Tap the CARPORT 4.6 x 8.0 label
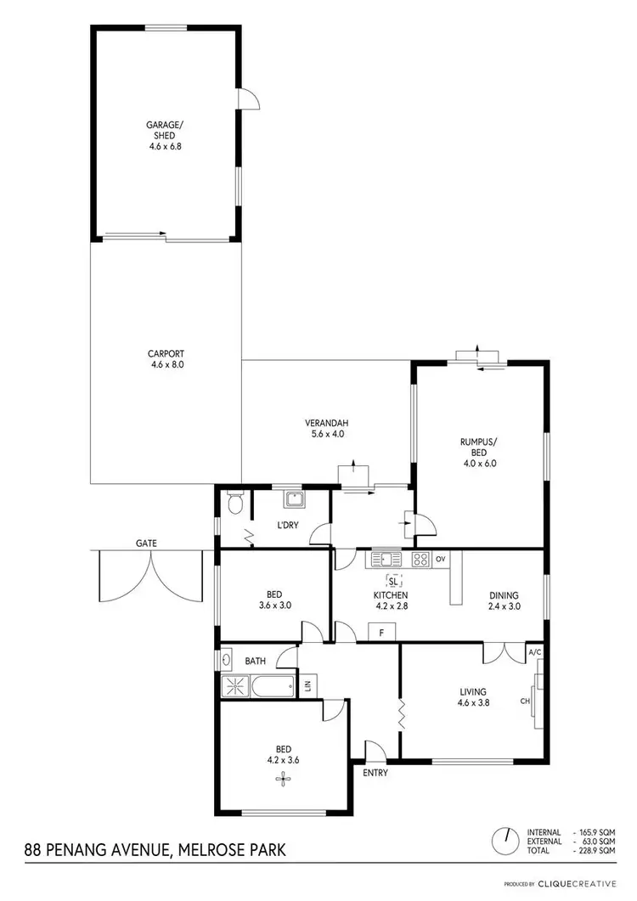click(x=166, y=358)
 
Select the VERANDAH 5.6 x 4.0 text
click(x=328, y=428)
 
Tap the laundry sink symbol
click(x=294, y=498)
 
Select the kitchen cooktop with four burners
click(x=420, y=559)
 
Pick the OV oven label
click(x=440, y=560)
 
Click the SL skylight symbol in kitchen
click(x=393, y=581)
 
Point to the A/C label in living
click(x=534, y=652)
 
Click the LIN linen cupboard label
click(x=307, y=686)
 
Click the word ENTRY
click(x=375, y=773)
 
